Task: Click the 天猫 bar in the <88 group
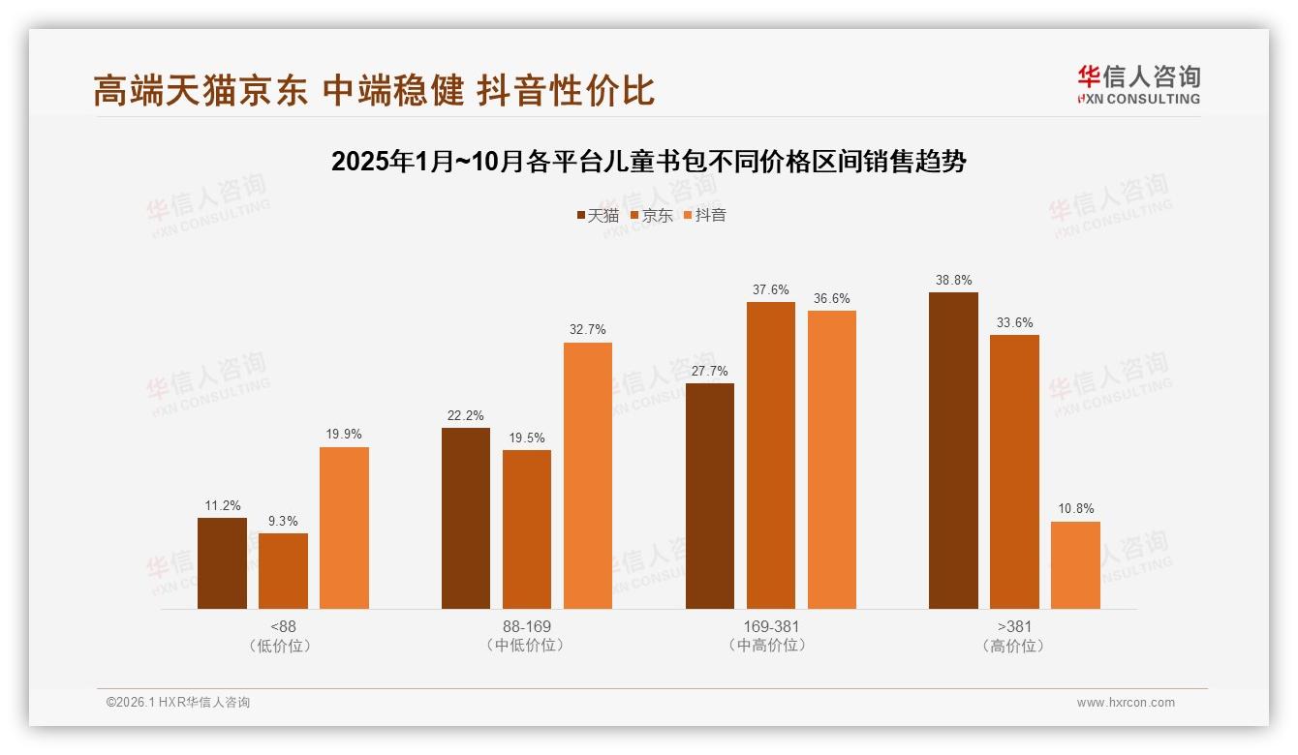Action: point(222,563)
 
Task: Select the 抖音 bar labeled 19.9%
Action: point(344,528)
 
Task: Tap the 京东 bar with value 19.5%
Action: point(527,529)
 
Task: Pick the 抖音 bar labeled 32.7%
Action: point(588,475)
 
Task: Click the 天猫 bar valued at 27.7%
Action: point(710,496)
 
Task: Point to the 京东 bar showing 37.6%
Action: point(771,455)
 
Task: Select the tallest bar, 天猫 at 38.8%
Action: point(953,450)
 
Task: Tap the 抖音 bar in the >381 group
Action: point(1075,565)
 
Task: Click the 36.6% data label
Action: point(832,299)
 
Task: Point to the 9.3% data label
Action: point(283,522)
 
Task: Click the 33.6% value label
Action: point(1014,323)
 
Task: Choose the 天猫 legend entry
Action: point(598,216)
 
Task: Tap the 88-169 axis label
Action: point(527,626)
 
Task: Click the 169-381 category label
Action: point(771,626)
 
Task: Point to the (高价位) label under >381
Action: point(1014,646)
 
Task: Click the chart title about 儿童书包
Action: point(649,162)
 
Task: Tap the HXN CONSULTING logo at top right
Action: point(1138,85)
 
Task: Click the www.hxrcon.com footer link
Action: point(1126,703)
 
